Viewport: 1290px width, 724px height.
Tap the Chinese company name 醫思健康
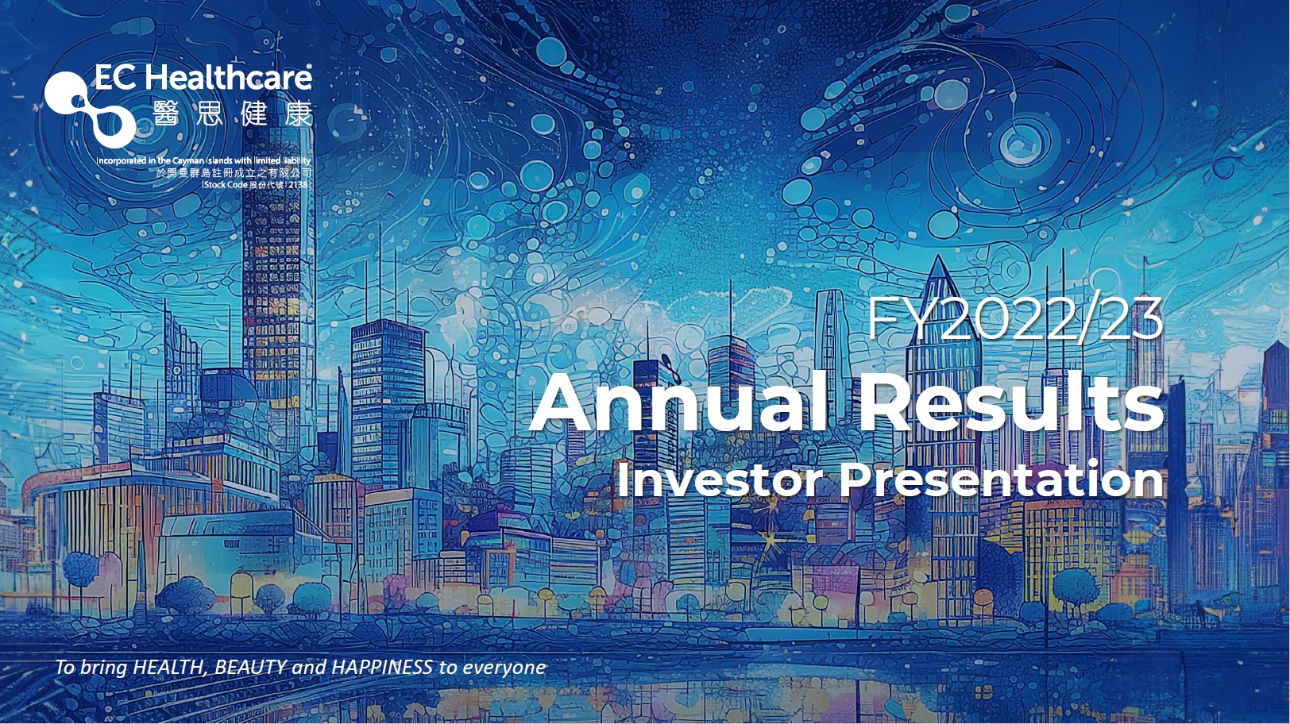[x=233, y=114]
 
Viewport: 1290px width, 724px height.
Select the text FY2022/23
[x=1015, y=319]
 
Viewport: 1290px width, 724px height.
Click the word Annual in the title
[x=681, y=402]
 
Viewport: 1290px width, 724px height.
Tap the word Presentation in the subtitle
[x=1002, y=480]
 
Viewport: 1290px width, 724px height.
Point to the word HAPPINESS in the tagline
[x=382, y=667]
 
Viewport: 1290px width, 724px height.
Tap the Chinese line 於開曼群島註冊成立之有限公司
[x=234, y=172]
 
